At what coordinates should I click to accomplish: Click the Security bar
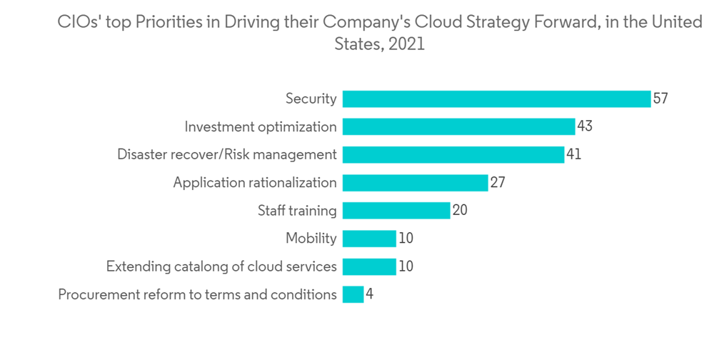496,99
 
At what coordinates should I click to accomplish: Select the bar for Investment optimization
458,126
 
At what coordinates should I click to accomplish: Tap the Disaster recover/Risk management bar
453,154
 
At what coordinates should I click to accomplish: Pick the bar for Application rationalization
415,182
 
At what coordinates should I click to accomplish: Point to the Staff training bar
396,211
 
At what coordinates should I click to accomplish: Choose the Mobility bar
369,239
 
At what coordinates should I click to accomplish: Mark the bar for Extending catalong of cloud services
369,266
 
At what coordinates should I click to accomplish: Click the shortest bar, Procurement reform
353,294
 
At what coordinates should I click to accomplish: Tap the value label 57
660,99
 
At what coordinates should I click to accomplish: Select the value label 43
585,126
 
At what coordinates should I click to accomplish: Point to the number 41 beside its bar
573,154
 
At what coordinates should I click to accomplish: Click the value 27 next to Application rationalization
498,182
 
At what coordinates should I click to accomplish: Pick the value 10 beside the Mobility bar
406,239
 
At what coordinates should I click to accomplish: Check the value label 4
369,294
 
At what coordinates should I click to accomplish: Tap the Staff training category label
297,211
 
